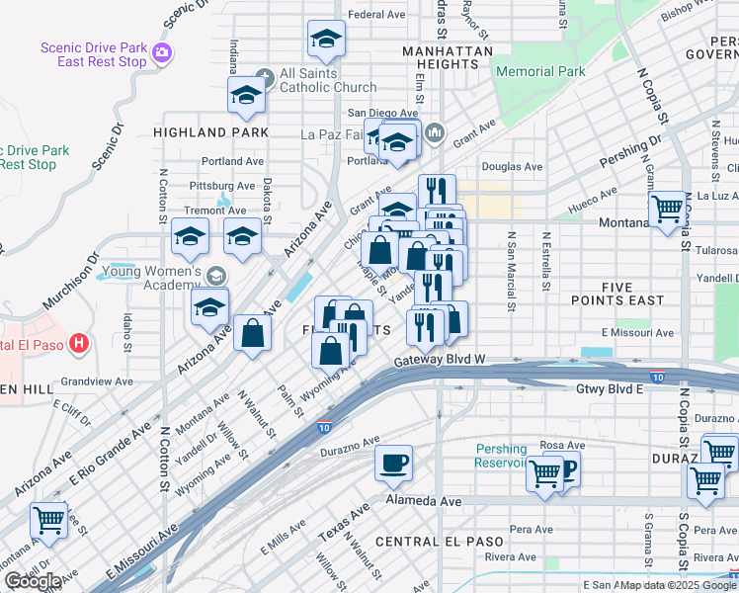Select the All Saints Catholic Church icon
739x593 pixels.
point(263,78)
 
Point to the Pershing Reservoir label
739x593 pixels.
point(501,455)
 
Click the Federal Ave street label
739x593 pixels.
point(377,15)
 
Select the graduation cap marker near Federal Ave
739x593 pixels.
point(326,39)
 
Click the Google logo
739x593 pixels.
point(33,581)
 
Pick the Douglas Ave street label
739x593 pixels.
point(512,167)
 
